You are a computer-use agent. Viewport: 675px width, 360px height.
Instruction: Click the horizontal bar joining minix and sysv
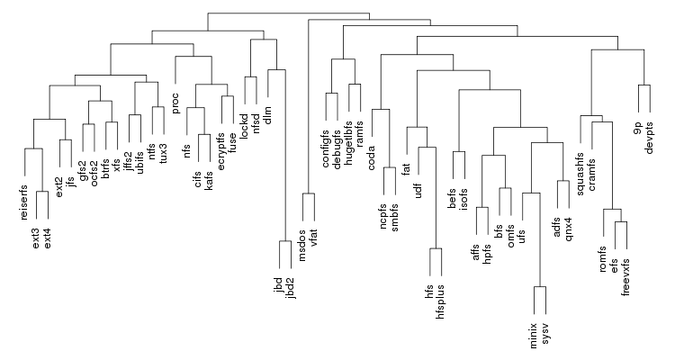(x=540, y=288)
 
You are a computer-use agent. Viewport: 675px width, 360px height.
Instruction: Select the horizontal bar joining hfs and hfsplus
(x=436, y=249)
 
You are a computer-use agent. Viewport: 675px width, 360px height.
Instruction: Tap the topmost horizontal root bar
(x=287, y=14)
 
